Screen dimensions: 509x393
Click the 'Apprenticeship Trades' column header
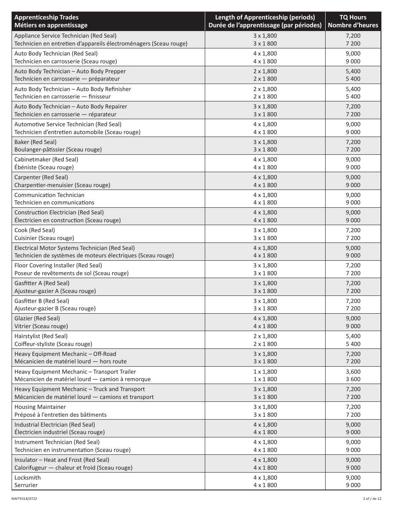tap(46, 17)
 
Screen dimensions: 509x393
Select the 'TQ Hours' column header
tap(353, 17)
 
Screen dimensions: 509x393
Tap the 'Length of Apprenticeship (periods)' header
tap(265, 17)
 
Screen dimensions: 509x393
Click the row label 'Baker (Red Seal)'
tap(35, 142)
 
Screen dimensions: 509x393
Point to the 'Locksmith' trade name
tap(28, 478)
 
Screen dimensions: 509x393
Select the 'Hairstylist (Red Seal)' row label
tap(41, 336)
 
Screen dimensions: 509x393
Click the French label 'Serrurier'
tap(26, 485)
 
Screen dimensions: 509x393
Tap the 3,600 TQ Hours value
tap(353, 372)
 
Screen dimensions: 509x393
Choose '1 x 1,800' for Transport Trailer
tap(265, 372)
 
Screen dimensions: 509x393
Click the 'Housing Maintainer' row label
tap(40, 407)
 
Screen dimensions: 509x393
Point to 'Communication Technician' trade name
tap(49, 195)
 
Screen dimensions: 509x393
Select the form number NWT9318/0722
tap(24, 499)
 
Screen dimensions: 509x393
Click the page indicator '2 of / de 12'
tap(369, 499)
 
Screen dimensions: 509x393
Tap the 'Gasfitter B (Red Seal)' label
tap(42, 301)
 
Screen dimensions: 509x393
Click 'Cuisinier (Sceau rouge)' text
tap(44, 238)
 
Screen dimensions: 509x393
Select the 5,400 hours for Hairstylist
tap(353, 336)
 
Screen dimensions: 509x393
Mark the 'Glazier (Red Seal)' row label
tap(37, 318)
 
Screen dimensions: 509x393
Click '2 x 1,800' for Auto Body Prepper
tap(265, 71)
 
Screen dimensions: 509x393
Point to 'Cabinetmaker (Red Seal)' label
tap(46, 159)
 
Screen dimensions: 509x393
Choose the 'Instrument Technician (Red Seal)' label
tap(57, 442)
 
